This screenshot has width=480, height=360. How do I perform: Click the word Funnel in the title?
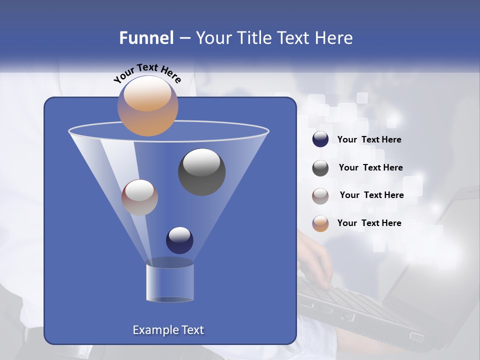click(x=146, y=38)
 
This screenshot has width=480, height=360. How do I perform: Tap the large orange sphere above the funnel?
click(x=147, y=105)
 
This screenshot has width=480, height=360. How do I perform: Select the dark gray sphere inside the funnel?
click(x=201, y=171)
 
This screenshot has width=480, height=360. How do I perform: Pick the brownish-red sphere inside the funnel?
click(x=139, y=197)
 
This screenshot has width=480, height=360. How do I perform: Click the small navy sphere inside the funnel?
click(x=179, y=240)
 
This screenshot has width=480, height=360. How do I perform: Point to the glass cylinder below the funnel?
click(x=170, y=283)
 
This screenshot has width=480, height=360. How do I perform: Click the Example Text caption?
click(x=168, y=330)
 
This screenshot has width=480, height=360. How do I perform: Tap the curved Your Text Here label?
click(x=147, y=73)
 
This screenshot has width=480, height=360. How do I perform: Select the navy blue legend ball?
click(x=320, y=139)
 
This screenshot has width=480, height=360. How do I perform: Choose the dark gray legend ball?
click(x=320, y=167)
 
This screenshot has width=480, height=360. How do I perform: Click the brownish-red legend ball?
click(x=320, y=195)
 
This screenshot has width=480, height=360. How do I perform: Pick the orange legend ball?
click(x=320, y=223)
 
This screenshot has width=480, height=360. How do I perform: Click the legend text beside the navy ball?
click(x=369, y=140)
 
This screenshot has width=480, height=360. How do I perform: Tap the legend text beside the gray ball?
click(x=370, y=167)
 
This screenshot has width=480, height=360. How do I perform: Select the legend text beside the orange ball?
click(x=369, y=223)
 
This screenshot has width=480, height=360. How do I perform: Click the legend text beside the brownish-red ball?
click(x=371, y=195)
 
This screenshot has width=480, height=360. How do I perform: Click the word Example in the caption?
click(x=155, y=330)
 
